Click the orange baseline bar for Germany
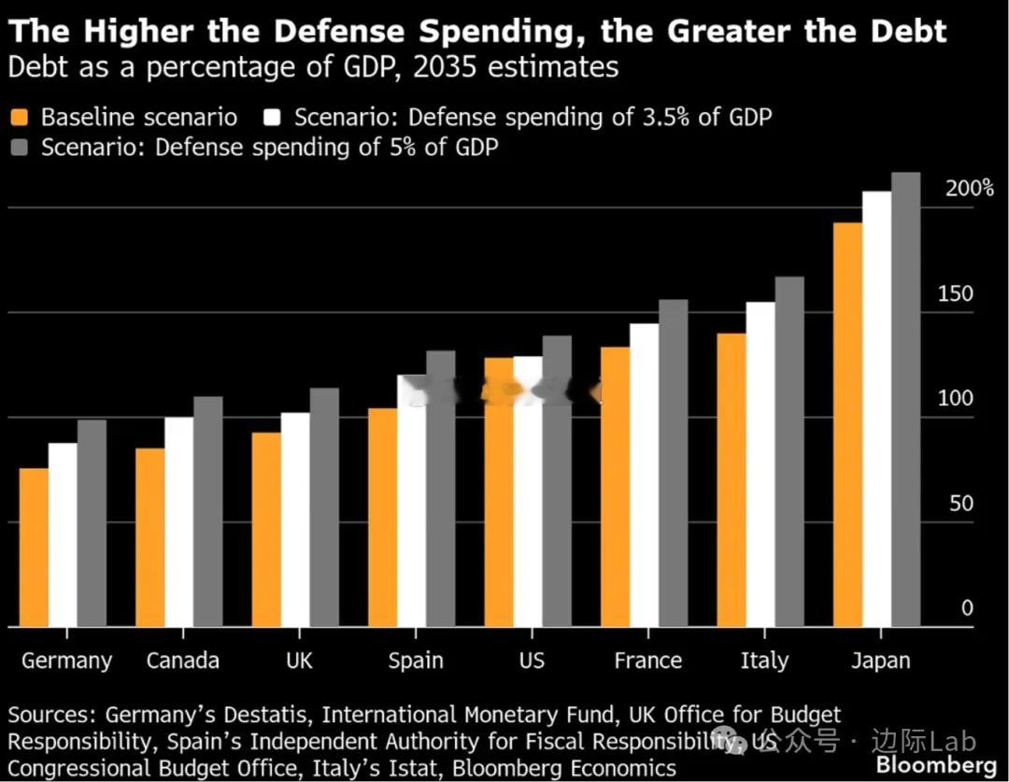coord(34,547)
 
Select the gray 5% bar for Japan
coord(905,400)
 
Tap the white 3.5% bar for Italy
coord(760,464)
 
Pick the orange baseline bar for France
coord(615,487)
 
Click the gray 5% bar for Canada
coord(208,512)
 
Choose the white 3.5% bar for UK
coord(295,519)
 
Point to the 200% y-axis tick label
coord(969,188)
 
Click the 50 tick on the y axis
coord(960,505)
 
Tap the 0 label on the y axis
coord(967,609)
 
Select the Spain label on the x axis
coord(416,661)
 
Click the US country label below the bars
coord(531,661)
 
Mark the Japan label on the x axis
coord(880,661)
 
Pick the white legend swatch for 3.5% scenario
coord(273,118)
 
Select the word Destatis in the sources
coord(270,716)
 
